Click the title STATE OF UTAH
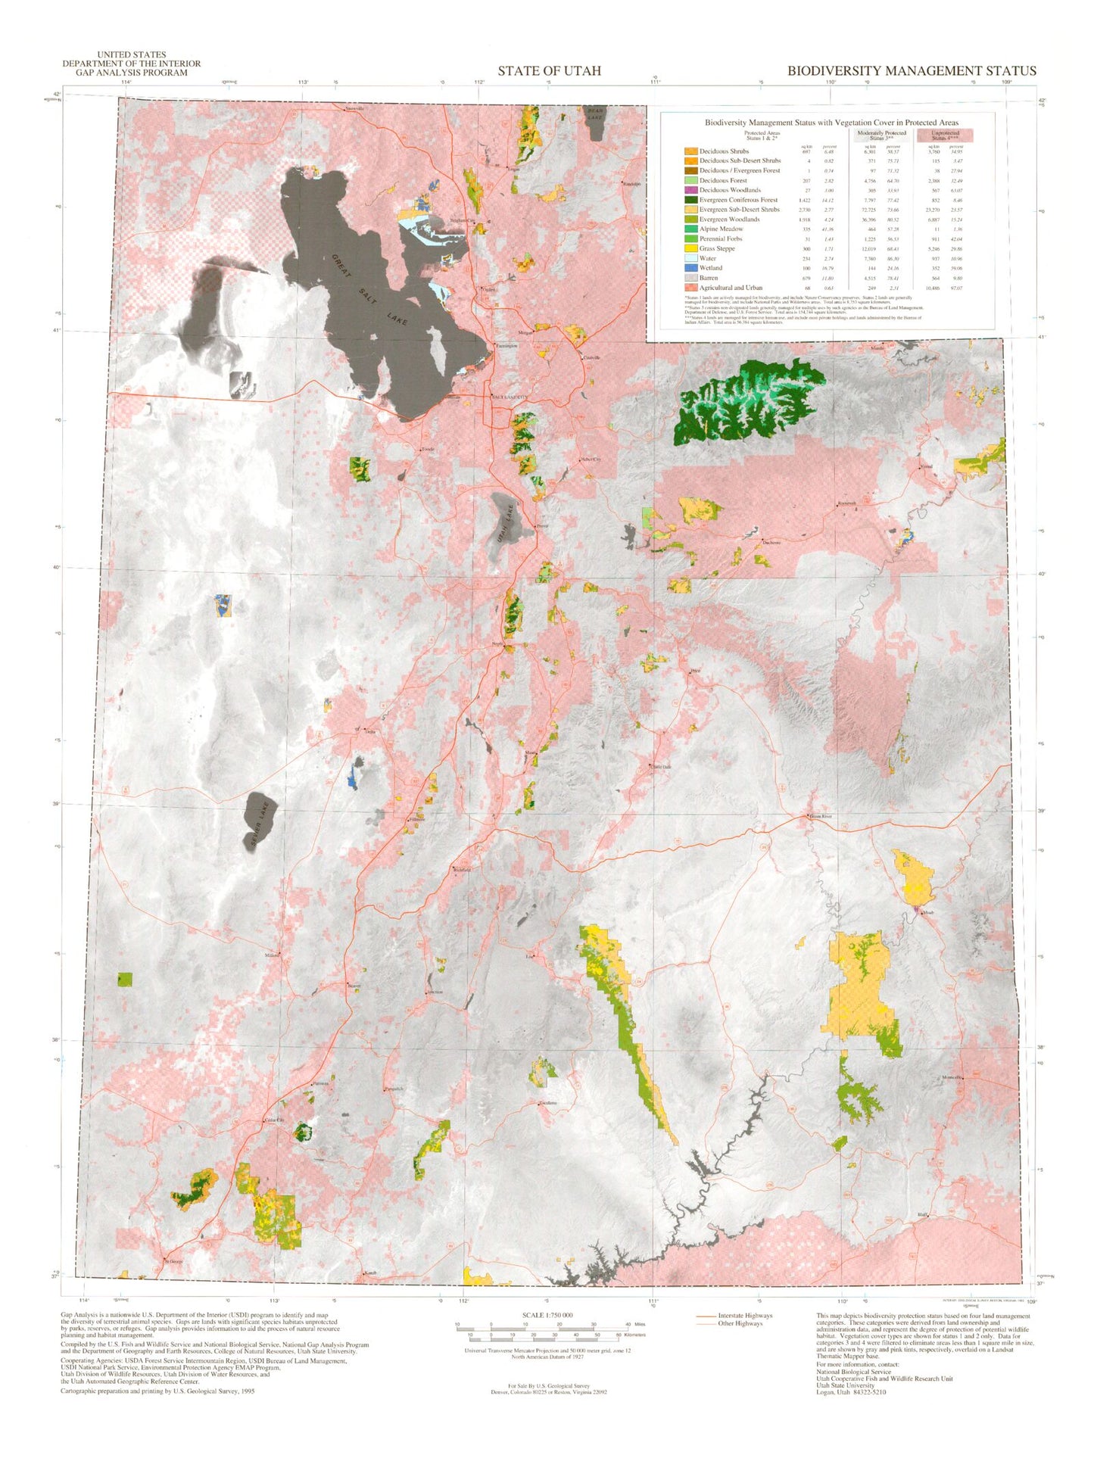(549, 70)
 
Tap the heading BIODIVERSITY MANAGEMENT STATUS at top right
(911, 70)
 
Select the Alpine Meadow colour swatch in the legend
(690, 229)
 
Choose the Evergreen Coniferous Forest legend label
(737, 200)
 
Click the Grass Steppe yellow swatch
(690, 248)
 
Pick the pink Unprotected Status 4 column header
(945, 136)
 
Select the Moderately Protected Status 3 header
(884, 136)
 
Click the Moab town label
(928, 913)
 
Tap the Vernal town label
(925, 466)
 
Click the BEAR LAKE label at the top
(596, 114)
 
